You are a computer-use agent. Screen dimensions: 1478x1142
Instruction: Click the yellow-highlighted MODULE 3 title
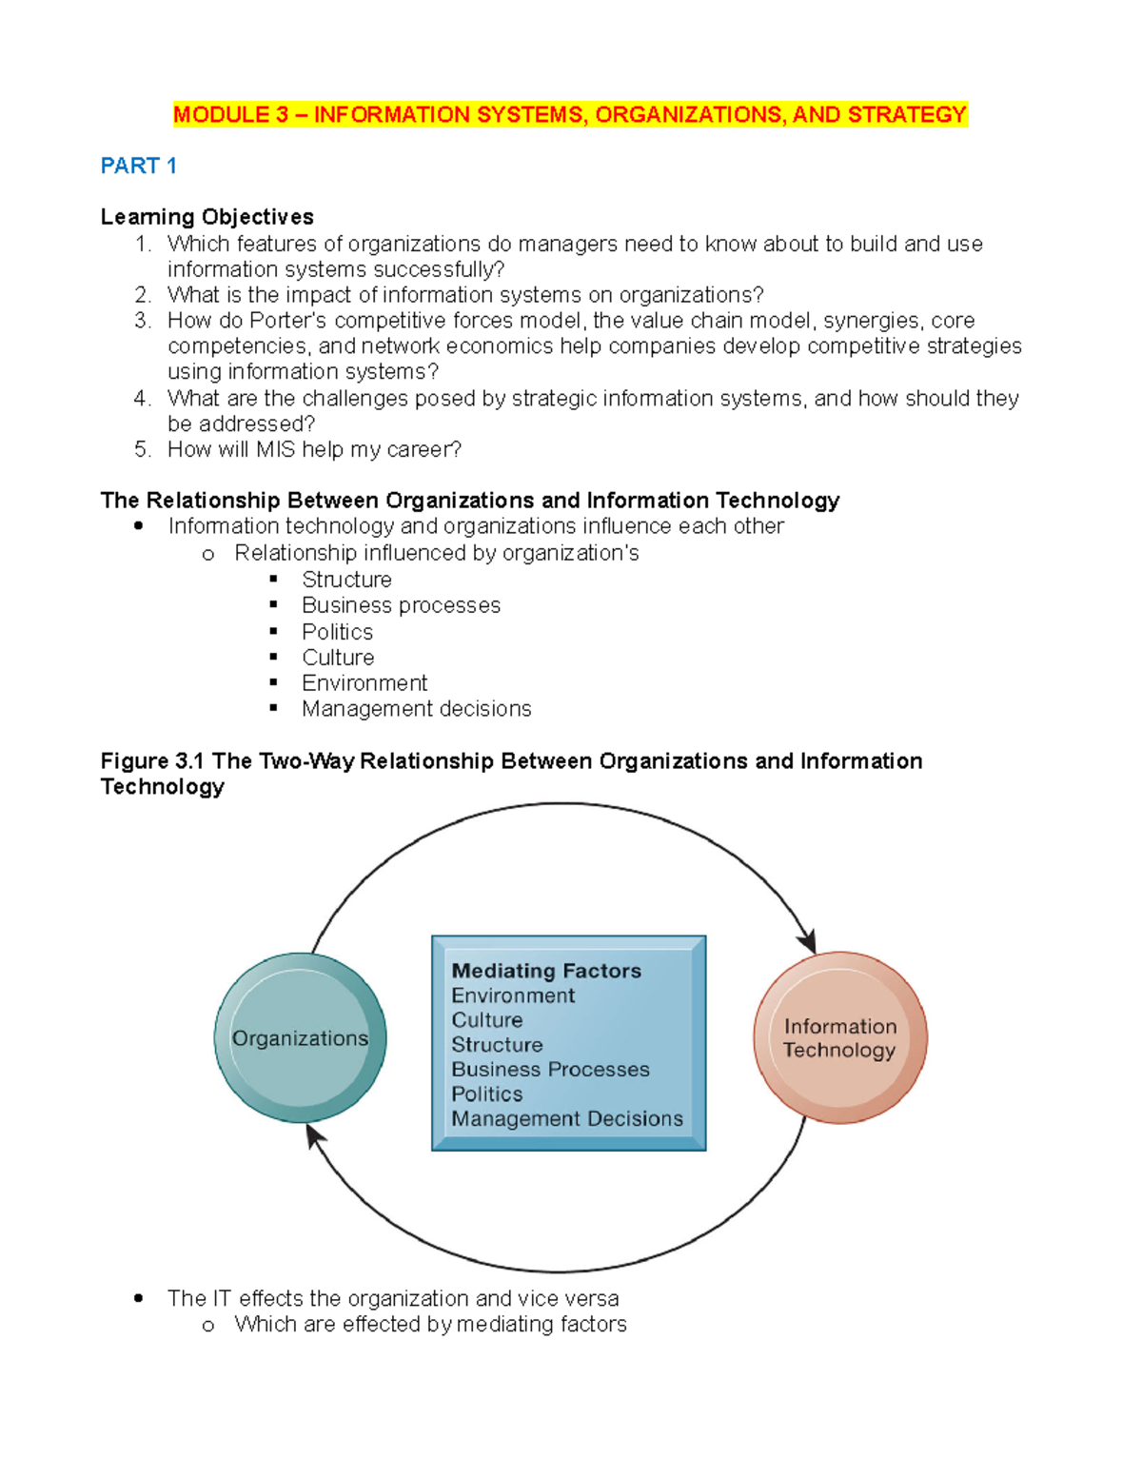tap(569, 115)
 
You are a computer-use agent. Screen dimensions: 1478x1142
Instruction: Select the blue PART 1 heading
tap(139, 167)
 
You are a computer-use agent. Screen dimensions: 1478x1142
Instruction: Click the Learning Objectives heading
tap(207, 217)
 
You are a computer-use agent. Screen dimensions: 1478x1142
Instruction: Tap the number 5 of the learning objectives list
tap(143, 450)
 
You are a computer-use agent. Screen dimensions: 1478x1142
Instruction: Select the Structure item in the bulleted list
tap(346, 580)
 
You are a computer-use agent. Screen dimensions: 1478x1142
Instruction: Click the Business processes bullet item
tap(401, 605)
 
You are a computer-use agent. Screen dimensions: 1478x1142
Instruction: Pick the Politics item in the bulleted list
tap(337, 632)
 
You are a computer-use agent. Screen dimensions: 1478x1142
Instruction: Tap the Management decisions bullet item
tap(416, 709)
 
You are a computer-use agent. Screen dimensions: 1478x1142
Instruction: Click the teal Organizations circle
tap(301, 1038)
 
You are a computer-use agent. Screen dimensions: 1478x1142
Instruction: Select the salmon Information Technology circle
tap(840, 1038)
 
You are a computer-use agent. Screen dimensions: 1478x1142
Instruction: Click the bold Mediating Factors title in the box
tap(546, 971)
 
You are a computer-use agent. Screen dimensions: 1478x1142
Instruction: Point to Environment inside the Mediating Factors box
tap(513, 995)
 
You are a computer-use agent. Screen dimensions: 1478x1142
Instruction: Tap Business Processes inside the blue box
tap(550, 1070)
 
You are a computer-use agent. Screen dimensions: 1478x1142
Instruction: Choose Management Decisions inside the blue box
tap(567, 1119)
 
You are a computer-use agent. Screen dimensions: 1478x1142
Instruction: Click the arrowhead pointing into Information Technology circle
tap(808, 942)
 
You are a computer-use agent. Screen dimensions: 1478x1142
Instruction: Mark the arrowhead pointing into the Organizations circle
tap(315, 1135)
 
